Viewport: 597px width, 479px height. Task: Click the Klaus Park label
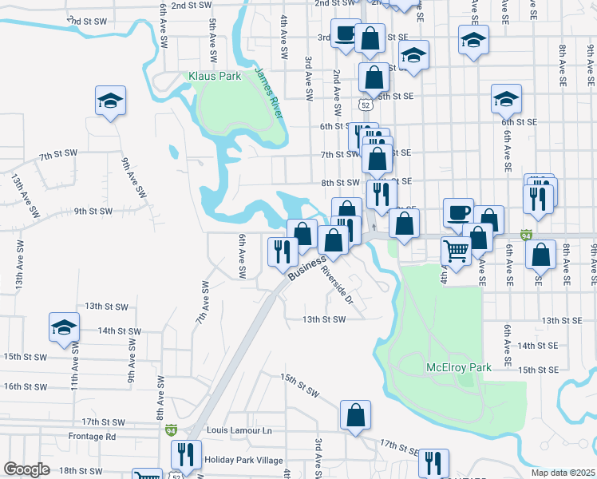(215, 77)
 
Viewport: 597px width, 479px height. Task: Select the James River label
(268, 92)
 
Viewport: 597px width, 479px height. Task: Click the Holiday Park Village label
(243, 460)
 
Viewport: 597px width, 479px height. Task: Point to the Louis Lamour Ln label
(239, 430)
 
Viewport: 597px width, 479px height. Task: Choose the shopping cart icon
(456, 251)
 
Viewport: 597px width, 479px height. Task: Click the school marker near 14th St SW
(64, 327)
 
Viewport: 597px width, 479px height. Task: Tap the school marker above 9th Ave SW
(110, 101)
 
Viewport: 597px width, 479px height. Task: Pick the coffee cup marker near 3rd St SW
(345, 34)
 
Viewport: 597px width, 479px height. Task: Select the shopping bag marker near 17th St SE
(355, 415)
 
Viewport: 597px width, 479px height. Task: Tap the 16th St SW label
(25, 386)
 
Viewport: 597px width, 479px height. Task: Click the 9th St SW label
(93, 212)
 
